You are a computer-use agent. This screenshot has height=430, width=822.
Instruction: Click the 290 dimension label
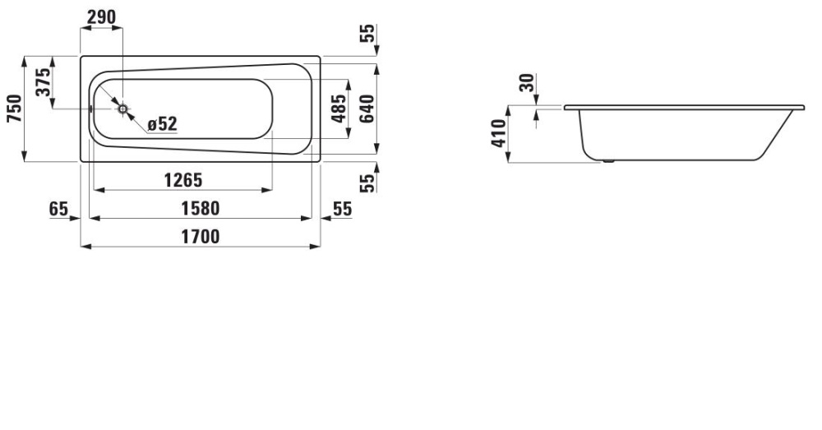click(101, 17)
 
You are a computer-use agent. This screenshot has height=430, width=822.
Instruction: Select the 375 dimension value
click(44, 82)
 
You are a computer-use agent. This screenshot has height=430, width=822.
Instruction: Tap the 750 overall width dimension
click(14, 109)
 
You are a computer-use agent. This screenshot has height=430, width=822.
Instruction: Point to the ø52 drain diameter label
click(162, 124)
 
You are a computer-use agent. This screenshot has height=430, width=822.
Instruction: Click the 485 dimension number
click(338, 107)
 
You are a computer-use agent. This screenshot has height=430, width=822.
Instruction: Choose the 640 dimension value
click(367, 107)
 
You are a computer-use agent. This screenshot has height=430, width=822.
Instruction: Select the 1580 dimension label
click(199, 209)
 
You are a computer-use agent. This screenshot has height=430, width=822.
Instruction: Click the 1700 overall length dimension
click(199, 237)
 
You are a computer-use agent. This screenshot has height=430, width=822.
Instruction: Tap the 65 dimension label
click(58, 209)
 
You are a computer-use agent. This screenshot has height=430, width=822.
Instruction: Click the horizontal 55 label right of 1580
click(342, 209)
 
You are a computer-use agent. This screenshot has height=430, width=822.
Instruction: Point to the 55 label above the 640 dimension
click(368, 34)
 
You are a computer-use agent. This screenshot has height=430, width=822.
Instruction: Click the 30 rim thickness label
click(527, 82)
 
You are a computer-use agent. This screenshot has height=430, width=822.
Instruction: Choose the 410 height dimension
click(497, 133)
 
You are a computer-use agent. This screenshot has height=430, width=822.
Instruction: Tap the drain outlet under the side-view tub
click(607, 161)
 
